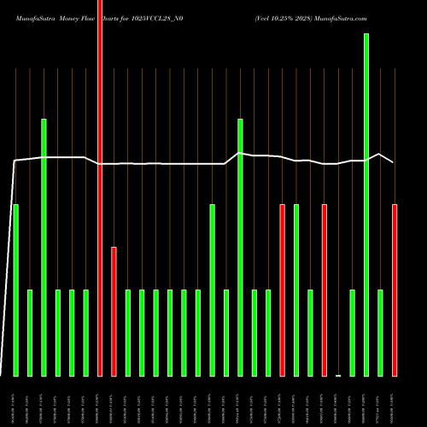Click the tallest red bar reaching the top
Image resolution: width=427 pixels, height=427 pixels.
point(100,188)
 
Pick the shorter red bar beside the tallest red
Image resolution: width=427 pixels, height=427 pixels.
point(114,312)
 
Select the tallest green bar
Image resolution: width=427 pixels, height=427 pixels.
point(366,205)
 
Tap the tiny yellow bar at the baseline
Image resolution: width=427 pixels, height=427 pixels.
point(338,375)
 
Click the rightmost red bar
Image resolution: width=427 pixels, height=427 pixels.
point(395,290)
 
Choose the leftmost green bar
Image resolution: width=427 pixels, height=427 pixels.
point(15,290)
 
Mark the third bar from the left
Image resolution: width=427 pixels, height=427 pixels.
point(44,248)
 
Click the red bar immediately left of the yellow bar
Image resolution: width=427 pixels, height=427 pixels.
point(325,290)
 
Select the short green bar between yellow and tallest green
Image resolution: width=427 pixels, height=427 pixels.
point(353,333)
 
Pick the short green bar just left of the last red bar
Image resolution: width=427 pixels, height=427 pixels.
point(381,333)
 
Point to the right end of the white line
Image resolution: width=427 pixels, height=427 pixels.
point(393,161)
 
